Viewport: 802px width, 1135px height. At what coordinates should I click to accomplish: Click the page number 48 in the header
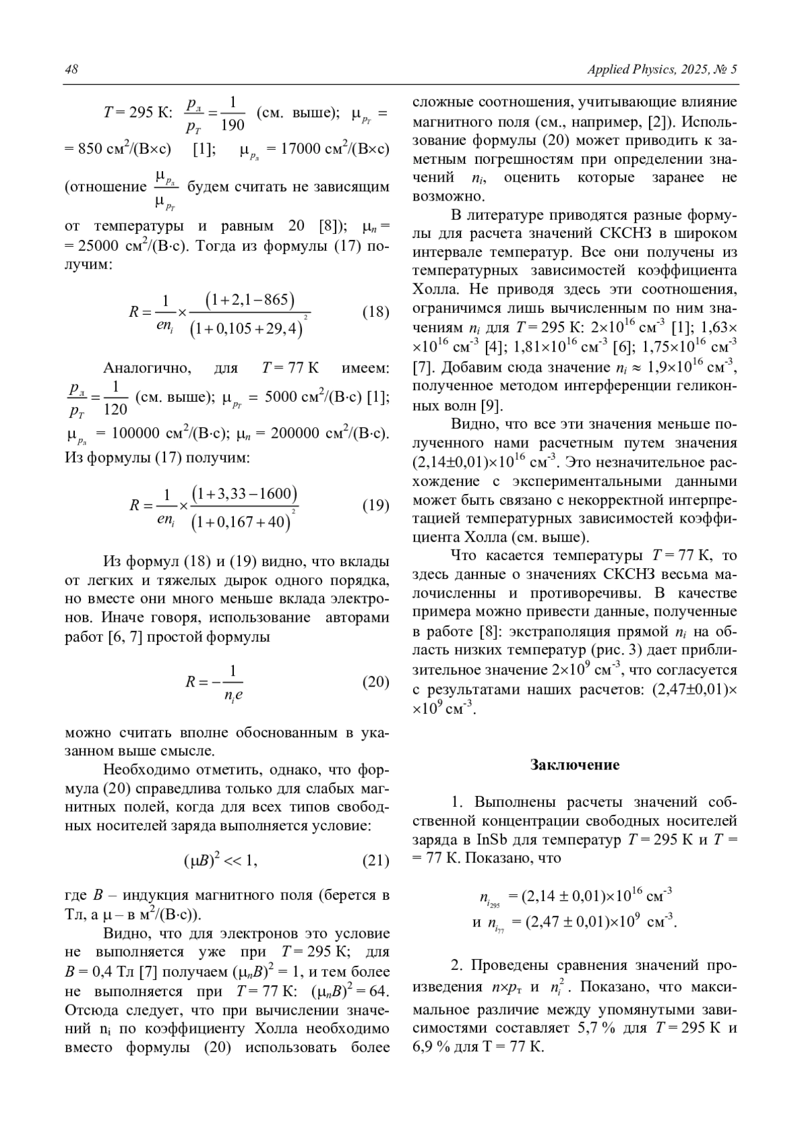pos(72,70)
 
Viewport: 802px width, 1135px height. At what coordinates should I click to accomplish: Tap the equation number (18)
pos(376,312)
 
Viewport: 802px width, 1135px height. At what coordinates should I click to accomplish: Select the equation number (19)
pos(376,505)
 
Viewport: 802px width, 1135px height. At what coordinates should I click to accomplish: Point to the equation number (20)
pos(376,682)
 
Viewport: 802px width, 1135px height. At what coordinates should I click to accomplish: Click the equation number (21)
pos(376,860)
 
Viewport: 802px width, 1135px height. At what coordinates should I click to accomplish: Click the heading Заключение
pos(575,765)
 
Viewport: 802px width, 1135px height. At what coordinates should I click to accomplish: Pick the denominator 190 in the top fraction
pos(233,125)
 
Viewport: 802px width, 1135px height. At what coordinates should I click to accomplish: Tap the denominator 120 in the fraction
pos(115,409)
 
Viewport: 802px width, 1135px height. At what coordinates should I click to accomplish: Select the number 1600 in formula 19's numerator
pos(274,494)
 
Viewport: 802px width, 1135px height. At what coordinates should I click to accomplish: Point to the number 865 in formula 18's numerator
pos(276,300)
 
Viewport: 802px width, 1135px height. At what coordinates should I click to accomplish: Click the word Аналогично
pos(147,368)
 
